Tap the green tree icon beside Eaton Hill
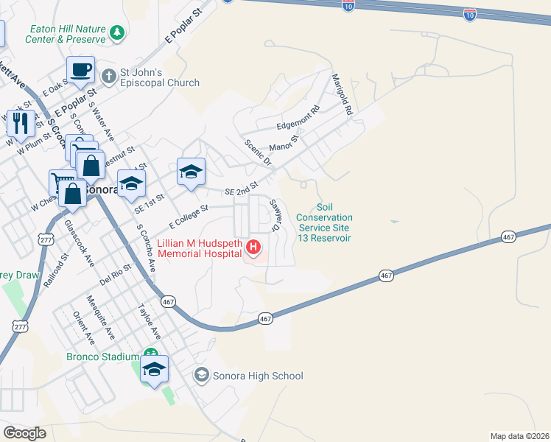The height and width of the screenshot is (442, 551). point(116,33)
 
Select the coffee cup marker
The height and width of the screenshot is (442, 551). point(81,70)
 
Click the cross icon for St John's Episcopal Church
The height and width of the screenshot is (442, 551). point(109,76)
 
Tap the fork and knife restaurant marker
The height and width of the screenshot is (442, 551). point(21,123)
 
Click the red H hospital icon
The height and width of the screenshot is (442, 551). point(254,247)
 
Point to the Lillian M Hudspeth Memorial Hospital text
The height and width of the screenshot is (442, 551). point(199,248)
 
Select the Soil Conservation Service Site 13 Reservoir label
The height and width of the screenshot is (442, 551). point(324,222)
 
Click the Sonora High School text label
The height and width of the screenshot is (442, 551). point(257,376)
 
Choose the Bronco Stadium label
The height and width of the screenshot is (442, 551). point(103,357)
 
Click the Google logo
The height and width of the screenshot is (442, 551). point(25,433)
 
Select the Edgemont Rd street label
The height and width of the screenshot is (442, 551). point(298,118)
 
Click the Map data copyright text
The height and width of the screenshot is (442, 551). point(519,435)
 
